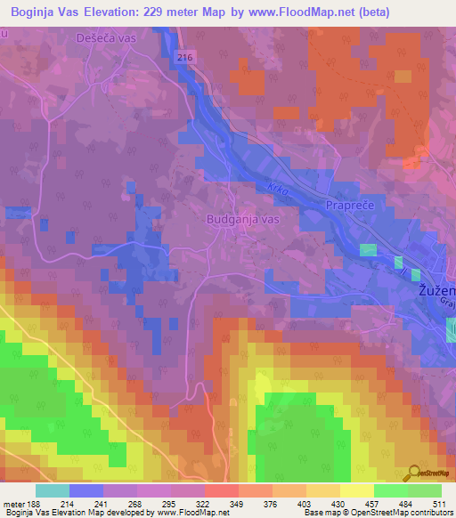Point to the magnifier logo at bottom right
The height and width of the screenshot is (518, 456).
(x=413, y=474)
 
